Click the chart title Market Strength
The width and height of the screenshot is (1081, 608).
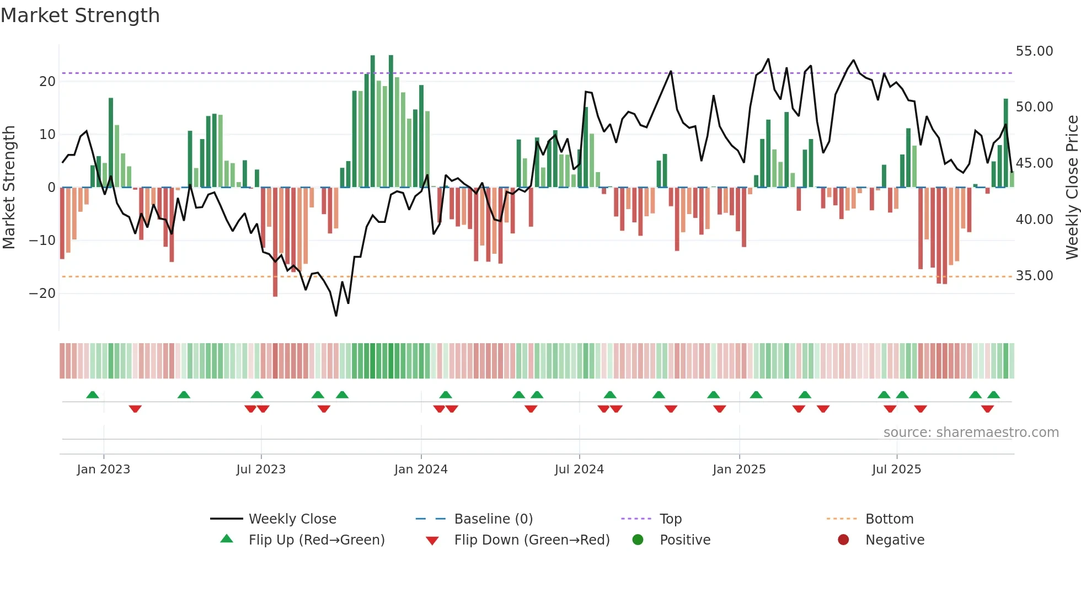[80, 15]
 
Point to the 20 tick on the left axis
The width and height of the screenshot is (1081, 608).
[47, 82]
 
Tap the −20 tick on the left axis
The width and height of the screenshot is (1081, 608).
[42, 294]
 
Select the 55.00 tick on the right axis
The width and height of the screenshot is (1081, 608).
[1034, 51]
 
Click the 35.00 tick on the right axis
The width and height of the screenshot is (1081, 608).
[1034, 276]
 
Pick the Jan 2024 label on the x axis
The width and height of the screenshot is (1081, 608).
[421, 470]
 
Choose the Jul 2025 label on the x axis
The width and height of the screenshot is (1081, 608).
[896, 470]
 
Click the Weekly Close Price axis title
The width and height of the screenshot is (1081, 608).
[1072, 188]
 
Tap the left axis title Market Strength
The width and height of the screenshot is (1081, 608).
[9, 188]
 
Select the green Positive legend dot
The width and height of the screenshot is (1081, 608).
[638, 540]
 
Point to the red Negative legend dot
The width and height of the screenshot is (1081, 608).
[843, 540]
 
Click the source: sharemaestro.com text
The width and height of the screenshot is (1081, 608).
[971, 433]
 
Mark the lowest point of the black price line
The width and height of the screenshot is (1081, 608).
[336, 315]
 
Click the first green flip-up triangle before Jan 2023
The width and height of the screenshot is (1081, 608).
[93, 395]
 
